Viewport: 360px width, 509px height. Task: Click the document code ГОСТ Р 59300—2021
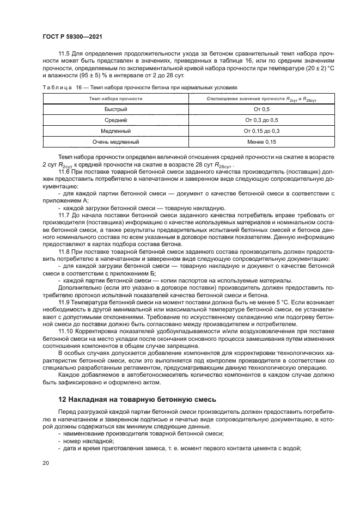(x=72, y=36)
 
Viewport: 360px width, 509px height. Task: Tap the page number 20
(x=45, y=463)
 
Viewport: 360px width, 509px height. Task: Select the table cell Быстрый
(x=115, y=109)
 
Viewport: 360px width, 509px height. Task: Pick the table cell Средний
(x=115, y=120)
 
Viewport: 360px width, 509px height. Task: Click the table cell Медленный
(x=115, y=131)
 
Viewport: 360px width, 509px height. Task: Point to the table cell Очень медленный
(x=115, y=142)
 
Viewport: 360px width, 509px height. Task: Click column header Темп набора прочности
(x=115, y=99)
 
